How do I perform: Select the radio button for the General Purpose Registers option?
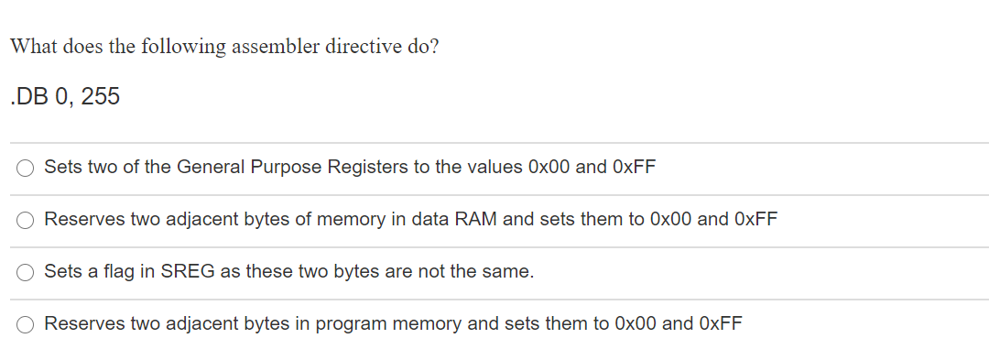tap(27, 168)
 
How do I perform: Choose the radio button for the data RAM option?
tap(27, 220)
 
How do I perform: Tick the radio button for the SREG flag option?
tap(27, 272)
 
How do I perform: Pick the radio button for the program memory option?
tap(27, 324)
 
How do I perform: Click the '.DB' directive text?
tap(27, 97)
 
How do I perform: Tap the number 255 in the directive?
tap(100, 97)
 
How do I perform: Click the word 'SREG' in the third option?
tap(188, 272)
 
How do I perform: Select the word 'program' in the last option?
tap(352, 324)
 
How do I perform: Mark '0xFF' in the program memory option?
tap(721, 324)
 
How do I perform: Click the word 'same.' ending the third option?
tap(513, 272)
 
